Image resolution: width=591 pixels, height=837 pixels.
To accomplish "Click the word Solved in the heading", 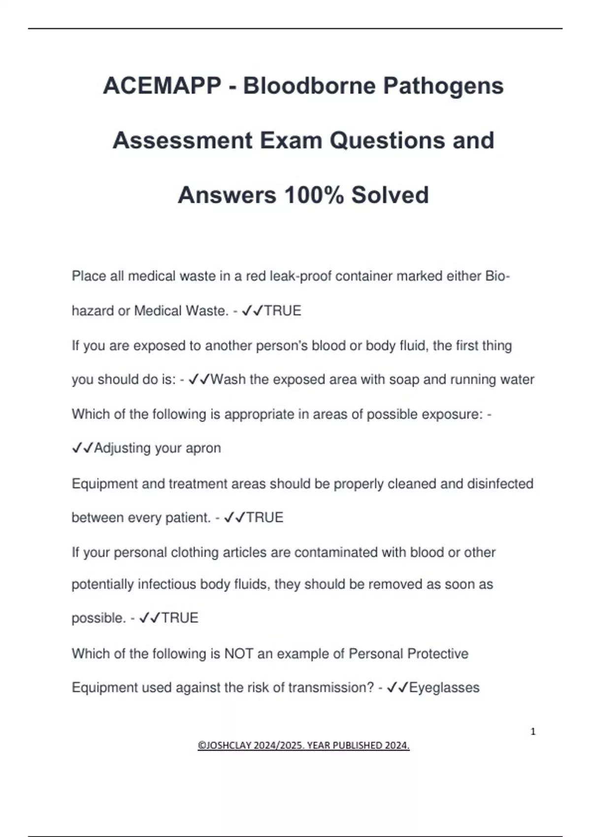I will click(x=390, y=195).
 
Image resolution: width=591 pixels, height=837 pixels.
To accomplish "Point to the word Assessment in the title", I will click(x=183, y=141).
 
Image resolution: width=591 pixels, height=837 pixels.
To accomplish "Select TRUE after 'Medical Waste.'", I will click(x=283, y=311).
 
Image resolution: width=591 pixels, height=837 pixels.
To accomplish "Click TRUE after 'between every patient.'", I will click(x=264, y=517).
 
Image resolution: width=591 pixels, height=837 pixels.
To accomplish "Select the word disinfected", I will click(x=500, y=483).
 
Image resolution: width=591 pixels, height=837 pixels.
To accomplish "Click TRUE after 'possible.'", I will click(x=180, y=618).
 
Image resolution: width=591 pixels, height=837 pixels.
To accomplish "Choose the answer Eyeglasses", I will click(x=444, y=688).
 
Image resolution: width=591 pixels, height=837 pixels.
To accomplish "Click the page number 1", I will click(x=533, y=732).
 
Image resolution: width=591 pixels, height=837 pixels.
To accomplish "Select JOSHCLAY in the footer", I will click(x=225, y=745).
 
